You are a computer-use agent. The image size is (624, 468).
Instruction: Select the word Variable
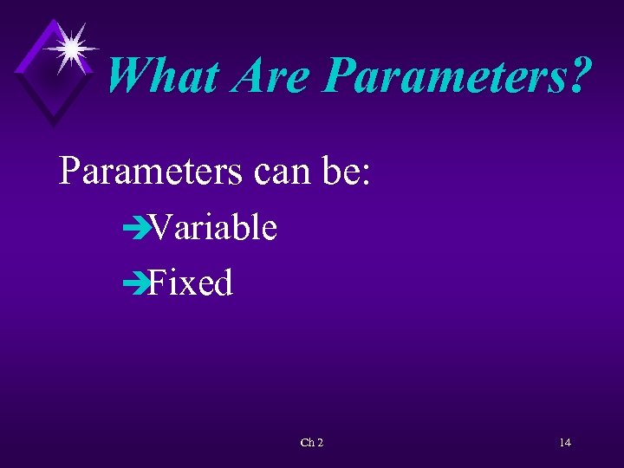(x=212, y=228)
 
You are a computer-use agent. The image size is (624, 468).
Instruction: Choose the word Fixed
(x=191, y=283)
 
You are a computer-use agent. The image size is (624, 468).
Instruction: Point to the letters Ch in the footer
(x=306, y=443)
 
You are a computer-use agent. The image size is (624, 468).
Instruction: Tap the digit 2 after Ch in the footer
(x=320, y=443)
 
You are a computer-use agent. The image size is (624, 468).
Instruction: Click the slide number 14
(x=564, y=443)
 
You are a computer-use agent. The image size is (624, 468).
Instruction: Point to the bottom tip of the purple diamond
(x=55, y=126)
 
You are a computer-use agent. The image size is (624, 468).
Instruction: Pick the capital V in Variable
(x=159, y=228)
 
